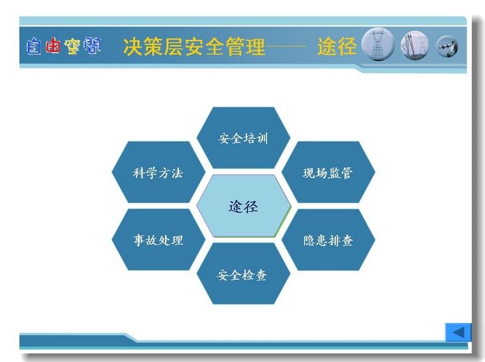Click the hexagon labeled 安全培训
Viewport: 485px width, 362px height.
[x=243, y=138]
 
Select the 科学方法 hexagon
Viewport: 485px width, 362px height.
[x=158, y=172]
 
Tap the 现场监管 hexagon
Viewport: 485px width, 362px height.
[x=328, y=172]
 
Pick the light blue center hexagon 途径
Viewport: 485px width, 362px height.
[x=243, y=206]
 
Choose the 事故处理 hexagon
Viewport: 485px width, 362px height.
[x=158, y=240]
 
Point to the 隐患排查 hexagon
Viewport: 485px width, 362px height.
[x=328, y=240]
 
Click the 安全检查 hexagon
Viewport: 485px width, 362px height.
[x=243, y=274]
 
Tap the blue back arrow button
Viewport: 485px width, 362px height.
[x=458, y=332]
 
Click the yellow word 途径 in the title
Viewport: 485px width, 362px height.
[x=337, y=46]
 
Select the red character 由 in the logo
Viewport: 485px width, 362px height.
[x=52, y=46]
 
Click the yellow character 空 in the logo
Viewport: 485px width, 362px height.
[x=72, y=46]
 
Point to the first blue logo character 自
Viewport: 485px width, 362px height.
[x=33, y=46]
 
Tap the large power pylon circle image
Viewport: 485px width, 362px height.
[x=378, y=44]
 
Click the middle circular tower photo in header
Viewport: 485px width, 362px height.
[x=415, y=46]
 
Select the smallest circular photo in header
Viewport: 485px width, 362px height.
[x=447, y=46]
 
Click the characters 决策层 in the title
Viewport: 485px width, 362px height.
[x=154, y=46]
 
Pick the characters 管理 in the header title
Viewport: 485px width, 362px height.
[x=245, y=46]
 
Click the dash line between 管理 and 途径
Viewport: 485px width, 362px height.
[x=286, y=47]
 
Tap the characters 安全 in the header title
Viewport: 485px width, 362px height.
[x=205, y=46]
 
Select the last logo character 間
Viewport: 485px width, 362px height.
[x=92, y=46]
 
